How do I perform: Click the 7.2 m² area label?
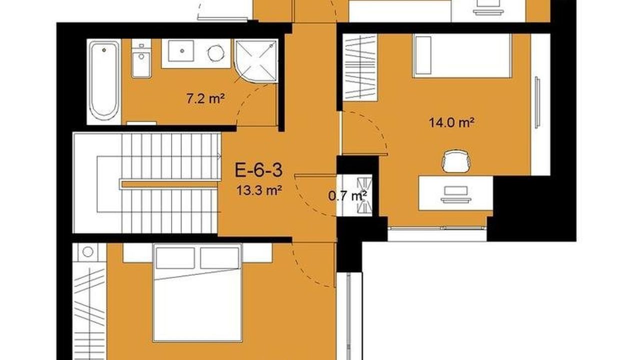pyautogui.click(x=205, y=99)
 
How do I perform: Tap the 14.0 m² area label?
pyautogui.click(x=451, y=122)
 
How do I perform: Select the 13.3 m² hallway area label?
pyautogui.click(x=259, y=190)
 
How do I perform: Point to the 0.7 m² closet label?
pyautogui.click(x=347, y=195)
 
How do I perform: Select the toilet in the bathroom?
pyautogui.click(x=141, y=58)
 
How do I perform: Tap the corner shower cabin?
pyautogui.click(x=256, y=61)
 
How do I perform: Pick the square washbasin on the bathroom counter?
pyautogui.click(x=181, y=51)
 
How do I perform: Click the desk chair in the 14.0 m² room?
pyautogui.click(x=456, y=161)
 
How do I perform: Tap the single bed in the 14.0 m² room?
pyautogui.click(x=462, y=55)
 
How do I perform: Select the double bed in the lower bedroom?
pyautogui.click(x=197, y=292)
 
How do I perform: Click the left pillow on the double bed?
pyautogui.click(x=175, y=258)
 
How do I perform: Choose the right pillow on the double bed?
pyautogui.click(x=219, y=258)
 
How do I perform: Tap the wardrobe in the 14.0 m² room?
pyautogui.click(x=360, y=67)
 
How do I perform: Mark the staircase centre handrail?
pyautogui.click(x=169, y=184)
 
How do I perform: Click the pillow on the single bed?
pyautogui.click(x=423, y=55)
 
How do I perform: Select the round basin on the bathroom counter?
pyautogui.click(x=215, y=53)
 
